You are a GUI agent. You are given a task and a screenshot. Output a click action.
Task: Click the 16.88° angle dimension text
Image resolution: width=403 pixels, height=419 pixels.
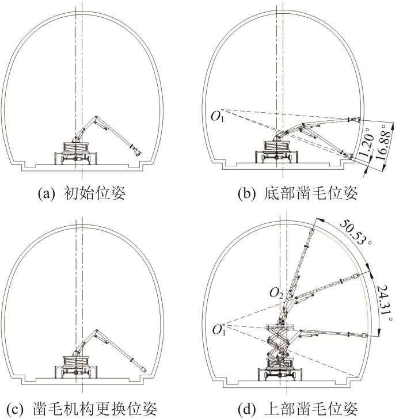coord(384,142)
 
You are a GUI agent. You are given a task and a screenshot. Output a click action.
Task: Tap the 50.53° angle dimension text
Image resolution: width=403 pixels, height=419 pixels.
coord(356,232)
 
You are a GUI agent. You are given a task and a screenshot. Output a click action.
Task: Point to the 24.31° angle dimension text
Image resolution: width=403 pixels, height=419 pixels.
coord(385,303)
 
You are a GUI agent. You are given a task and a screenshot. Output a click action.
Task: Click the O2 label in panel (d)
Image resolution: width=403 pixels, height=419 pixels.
coord(276,294)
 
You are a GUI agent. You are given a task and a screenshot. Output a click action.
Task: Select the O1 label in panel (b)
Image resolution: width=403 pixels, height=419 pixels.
coord(218,117)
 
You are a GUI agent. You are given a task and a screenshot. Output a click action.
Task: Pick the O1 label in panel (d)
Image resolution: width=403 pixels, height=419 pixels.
coord(219,330)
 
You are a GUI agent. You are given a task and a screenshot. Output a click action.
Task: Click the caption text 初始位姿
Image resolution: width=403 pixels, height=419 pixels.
coord(94,193)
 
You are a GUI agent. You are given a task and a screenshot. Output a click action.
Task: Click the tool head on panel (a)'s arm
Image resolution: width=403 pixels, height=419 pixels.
coord(137,151)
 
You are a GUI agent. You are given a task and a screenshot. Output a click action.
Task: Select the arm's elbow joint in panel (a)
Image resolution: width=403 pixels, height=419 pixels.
coord(96,117)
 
